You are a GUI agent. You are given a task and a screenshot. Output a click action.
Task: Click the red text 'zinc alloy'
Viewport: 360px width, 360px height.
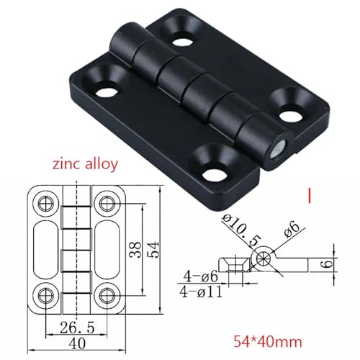[x=85, y=164]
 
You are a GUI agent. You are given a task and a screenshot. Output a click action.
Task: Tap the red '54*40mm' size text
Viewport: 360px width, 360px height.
[x=268, y=341]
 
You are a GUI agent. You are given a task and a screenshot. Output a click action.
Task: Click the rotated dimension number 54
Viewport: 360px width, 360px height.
[x=154, y=250]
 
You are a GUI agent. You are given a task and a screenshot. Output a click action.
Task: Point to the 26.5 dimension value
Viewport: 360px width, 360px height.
[x=77, y=328]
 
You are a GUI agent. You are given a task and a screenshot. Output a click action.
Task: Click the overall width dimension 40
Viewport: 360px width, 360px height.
[x=77, y=343]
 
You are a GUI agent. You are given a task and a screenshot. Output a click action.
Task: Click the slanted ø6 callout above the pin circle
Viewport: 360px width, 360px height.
[x=291, y=228]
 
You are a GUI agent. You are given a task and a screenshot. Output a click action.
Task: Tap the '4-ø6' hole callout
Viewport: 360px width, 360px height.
[x=201, y=276]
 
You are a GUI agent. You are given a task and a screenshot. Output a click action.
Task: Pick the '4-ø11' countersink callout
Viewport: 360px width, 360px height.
[x=201, y=292]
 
